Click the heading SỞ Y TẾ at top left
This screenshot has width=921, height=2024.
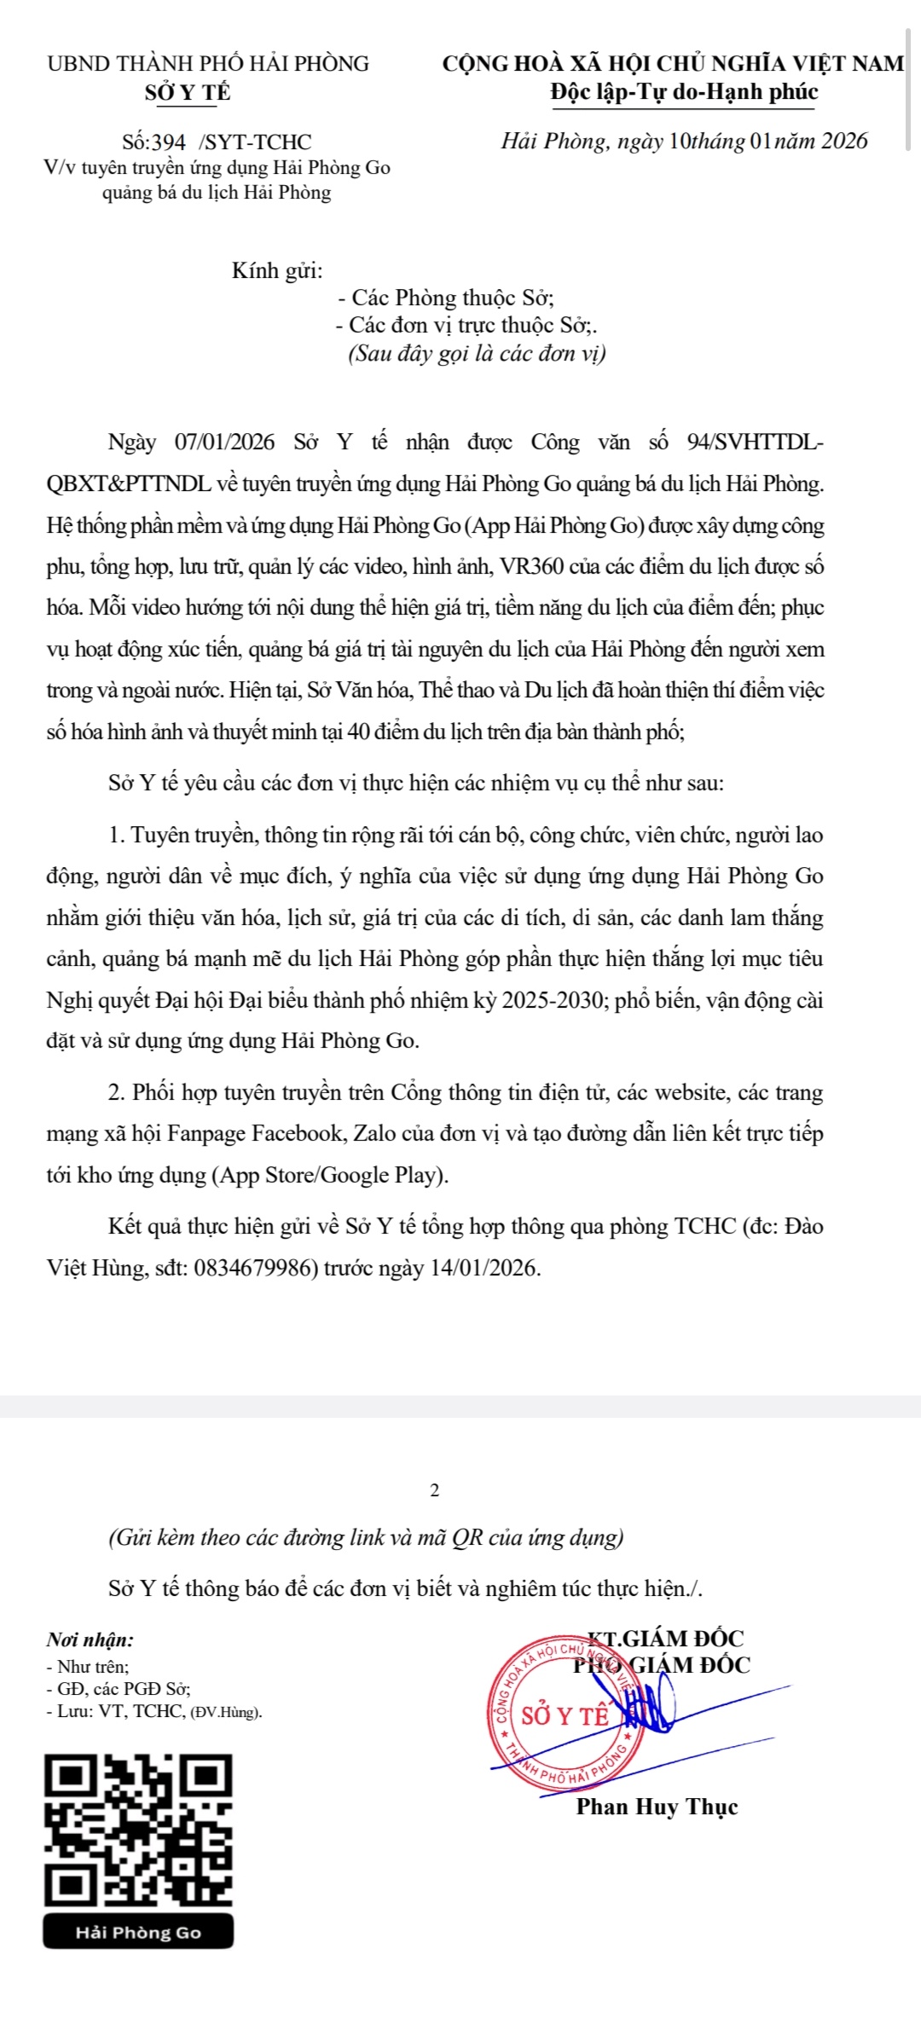[188, 92]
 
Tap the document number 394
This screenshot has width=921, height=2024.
[169, 142]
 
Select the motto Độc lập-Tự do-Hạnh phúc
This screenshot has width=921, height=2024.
[684, 92]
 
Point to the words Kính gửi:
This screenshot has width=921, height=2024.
[277, 271]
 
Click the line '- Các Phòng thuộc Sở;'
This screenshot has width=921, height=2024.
[446, 298]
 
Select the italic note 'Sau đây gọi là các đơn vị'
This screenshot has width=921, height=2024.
[477, 353]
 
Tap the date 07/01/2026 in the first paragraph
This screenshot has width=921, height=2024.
[225, 442]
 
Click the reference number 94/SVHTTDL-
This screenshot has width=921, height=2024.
[755, 442]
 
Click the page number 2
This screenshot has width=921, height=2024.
[435, 1490]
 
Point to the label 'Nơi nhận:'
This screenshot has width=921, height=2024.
[90, 1639]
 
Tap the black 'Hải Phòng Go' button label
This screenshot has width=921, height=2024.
[138, 1933]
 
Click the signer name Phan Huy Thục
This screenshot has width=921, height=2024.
[657, 1807]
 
